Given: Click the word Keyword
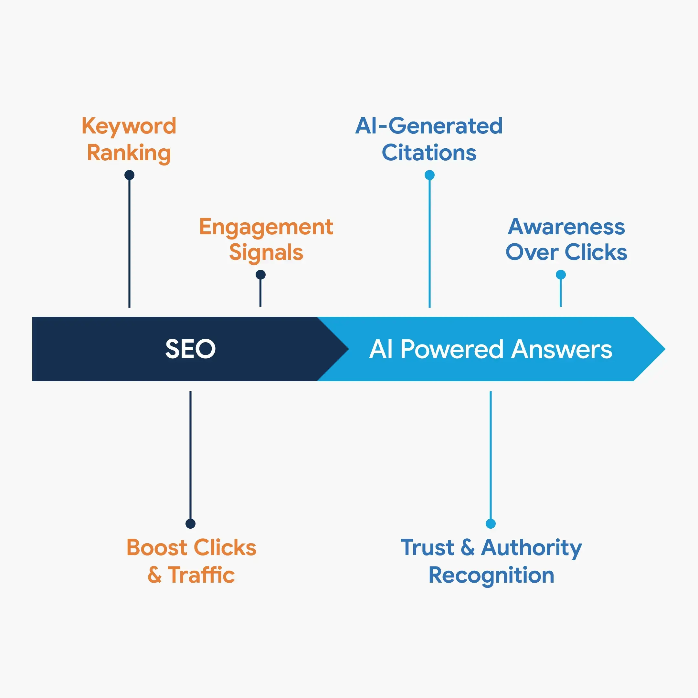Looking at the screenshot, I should pyautogui.click(x=129, y=126).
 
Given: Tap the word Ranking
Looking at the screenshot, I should pyautogui.click(x=129, y=153).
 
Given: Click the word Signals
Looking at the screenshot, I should pyautogui.click(x=266, y=252).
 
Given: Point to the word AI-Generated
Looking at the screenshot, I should pyautogui.click(x=429, y=126).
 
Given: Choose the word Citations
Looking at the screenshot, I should pyautogui.click(x=429, y=153).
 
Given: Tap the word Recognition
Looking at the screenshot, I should pyautogui.click(x=491, y=575).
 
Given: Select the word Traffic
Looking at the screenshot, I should pyautogui.click(x=201, y=575).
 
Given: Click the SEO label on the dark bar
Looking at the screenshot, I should pyautogui.click(x=190, y=349).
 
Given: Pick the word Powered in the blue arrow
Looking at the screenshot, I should pyautogui.click(x=452, y=349).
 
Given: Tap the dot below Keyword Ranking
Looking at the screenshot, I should pyautogui.click(x=129, y=175).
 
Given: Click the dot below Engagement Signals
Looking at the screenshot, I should pyautogui.click(x=260, y=275).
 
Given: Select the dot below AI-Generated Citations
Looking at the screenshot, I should pyautogui.click(x=429, y=175).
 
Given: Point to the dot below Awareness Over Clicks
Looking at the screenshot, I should pyautogui.click(x=561, y=275).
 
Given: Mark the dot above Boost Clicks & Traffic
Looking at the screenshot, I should pyautogui.click(x=190, y=523).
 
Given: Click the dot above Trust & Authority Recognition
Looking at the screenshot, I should pyautogui.click(x=491, y=523).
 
